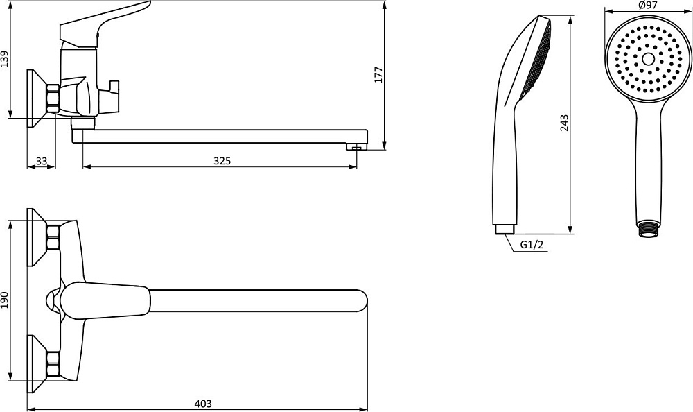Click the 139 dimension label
(5, 59)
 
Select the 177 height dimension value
(378, 75)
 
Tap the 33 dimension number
(42, 161)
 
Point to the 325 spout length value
(222, 161)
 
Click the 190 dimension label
(5, 300)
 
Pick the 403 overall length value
(203, 404)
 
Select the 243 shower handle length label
(564, 123)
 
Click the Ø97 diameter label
(648, 6)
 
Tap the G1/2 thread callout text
(532, 245)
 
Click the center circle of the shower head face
(649, 59)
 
